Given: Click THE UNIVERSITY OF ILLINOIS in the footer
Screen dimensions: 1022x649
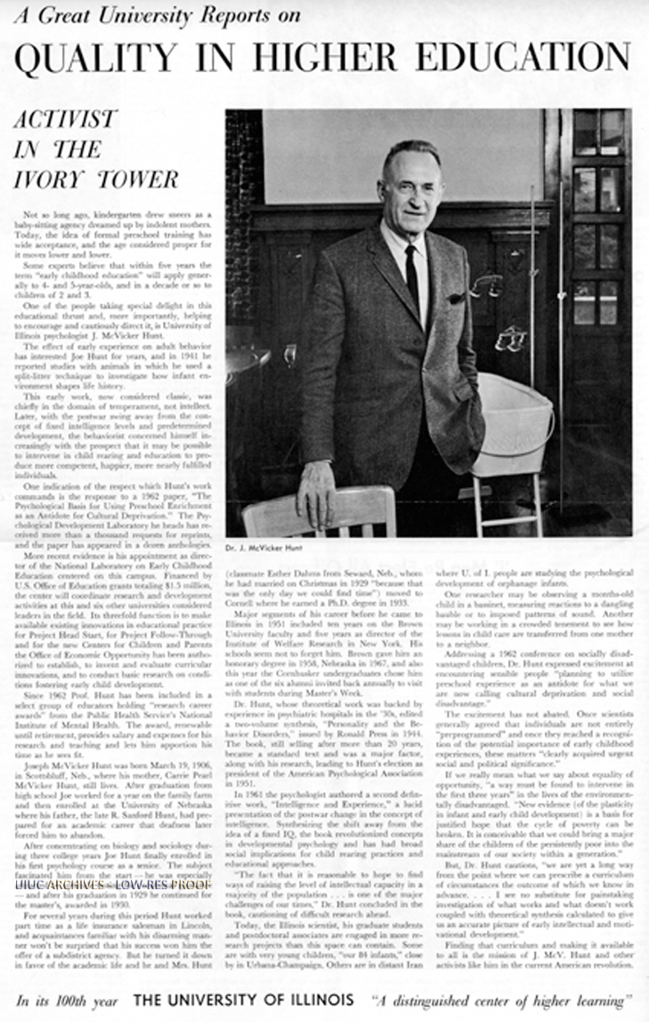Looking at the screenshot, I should click(x=243, y=1000).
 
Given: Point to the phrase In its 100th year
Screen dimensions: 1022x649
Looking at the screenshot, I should click(x=66, y=1000).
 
